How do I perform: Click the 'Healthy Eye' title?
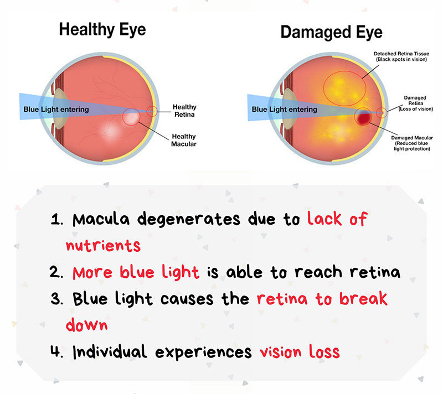pyautogui.click(x=102, y=30)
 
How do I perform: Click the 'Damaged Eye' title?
pyautogui.click(x=331, y=32)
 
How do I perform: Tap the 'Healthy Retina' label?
pyautogui.click(x=184, y=111)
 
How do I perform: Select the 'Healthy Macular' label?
pyautogui.click(x=184, y=140)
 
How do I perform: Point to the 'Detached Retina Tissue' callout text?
pyautogui.click(x=401, y=56)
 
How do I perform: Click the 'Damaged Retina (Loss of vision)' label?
pyautogui.click(x=415, y=103)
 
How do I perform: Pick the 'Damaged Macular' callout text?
pyautogui.click(x=412, y=143)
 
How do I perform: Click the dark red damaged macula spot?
pyautogui.click(x=364, y=117)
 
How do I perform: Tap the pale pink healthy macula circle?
pyautogui.click(x=131, y=117)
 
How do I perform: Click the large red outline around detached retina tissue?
pyautogui.click(x=323, y=89)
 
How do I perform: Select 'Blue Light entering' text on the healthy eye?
pyautogui.click(x=56, y=109)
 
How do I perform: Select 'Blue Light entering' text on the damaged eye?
pyautogui.click(x=284, y=109)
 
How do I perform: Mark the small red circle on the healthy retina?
pyautogui.click(x=147, y=111)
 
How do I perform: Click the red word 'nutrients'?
pyautogui.click(x=103, y=246)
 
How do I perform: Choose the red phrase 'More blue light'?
pyautogui.click(x=136, y=272)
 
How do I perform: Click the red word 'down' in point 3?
pyautogui.click(x=87, y=325)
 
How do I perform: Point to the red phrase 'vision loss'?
pyautogui.click(x=300, y=351)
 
